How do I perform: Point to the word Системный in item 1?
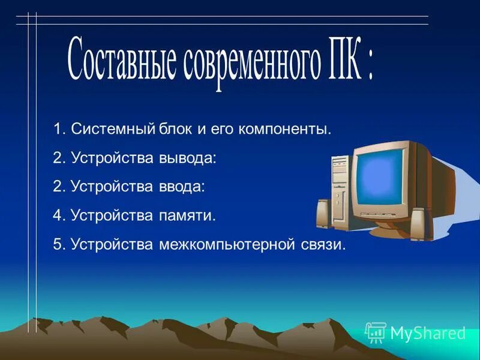[113, 129]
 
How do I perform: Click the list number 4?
[57, 215]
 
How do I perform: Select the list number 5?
[57, 245]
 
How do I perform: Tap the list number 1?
[57, 129]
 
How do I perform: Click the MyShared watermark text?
[428, 333]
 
